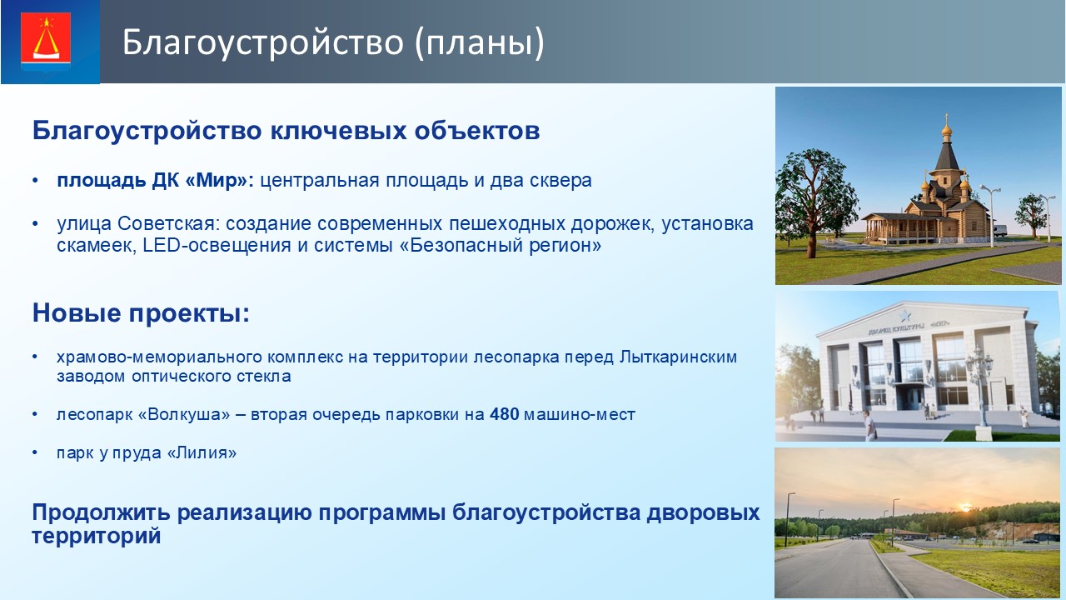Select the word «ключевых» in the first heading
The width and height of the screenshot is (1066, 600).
338,131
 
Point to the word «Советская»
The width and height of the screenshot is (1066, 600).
168,223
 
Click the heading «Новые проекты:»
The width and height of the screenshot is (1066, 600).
141,312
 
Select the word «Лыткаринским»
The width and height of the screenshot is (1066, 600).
678,357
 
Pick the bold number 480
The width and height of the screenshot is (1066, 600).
504,414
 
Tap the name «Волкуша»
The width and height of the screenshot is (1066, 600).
188,414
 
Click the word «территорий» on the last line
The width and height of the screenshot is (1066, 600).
96,536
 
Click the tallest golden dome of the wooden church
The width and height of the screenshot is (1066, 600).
947,128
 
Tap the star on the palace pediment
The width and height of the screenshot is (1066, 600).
904,315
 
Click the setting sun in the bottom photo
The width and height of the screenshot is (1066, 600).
965,507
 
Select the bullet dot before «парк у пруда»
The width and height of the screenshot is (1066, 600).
35,452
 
